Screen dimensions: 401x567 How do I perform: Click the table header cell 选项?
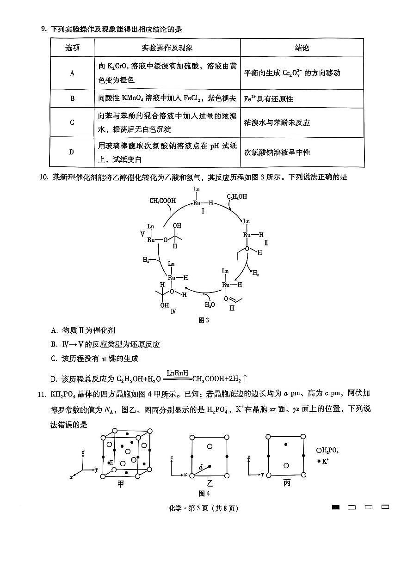[72, 48]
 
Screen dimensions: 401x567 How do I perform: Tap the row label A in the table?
[72, 73]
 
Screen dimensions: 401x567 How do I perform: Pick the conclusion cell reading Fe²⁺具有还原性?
[269, 99]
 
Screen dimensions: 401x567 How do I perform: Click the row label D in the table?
[72, 152]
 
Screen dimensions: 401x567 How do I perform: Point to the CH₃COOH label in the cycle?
[162, 201]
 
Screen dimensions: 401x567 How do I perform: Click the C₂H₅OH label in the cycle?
[237, 196]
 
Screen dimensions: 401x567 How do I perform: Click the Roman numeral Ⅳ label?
[173, 311]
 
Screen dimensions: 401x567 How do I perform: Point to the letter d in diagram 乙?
[200, 467]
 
